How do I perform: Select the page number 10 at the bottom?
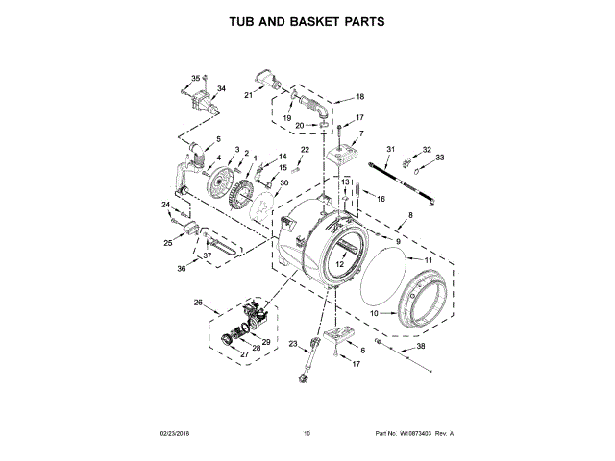pos(307,433)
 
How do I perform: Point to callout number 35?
pos(195,78)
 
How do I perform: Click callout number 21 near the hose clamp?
pos(247,95)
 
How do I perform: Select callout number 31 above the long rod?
pos(391,148)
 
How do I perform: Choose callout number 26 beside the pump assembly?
pos(198,303)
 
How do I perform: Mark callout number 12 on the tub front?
pos(339,263)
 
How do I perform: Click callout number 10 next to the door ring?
pos(376,313)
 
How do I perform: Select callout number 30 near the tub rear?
pos(283,183)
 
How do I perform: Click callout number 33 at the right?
pos(440,158)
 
